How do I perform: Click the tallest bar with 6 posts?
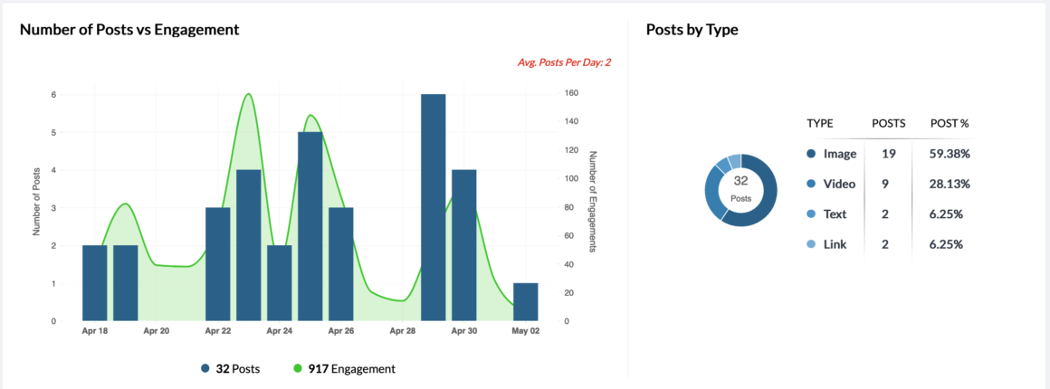(x=434, y=207)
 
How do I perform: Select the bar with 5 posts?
(x=310, y=226)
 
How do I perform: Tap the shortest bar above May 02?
(x=525, y=301)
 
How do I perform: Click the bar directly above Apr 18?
(x=94, y=282)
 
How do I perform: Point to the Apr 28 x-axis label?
(x=403, y=331)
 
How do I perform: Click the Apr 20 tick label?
(x=157, y=331)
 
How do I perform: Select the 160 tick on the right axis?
(x=571, y=93)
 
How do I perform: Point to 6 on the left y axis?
(x=53, y=94)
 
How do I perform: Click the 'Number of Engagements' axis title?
(x=593, y=201)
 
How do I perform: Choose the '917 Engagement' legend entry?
(x=345, y=368)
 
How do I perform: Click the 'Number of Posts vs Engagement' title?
(x=129, y=29)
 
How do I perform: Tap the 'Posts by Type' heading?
(x=692, y=29)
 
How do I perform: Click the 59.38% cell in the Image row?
(x=950, y=154)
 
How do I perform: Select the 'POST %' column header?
(x=950, y=123)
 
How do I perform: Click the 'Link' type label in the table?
(x=835, y=244)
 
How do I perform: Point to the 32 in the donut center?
(x=740, y=181)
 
